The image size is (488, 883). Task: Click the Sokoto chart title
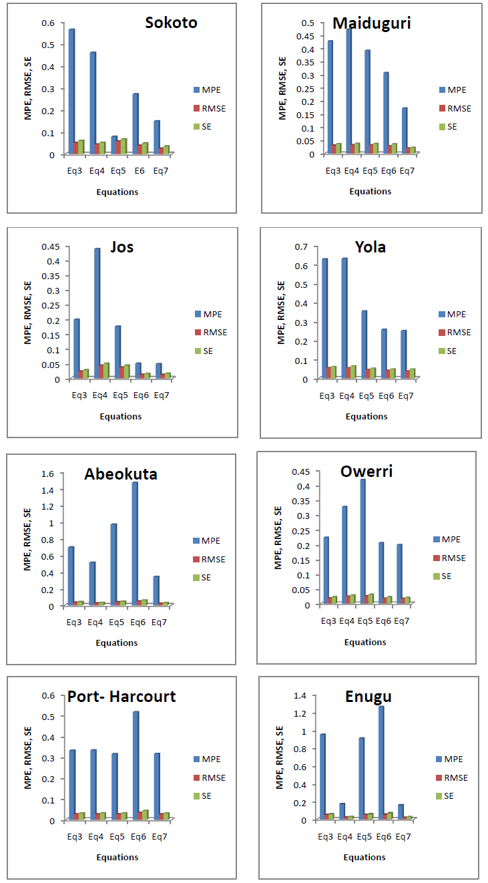tap(171, 23)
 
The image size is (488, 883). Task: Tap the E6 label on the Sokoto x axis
tap(139, 171)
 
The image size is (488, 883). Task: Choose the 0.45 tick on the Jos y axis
tap(51, 246)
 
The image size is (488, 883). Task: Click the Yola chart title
tap(371, 247)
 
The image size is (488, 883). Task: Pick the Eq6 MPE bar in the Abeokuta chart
tap(134, 543)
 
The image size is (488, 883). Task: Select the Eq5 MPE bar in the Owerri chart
tap(362, 541)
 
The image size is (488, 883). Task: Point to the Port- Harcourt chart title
tap(121, 697)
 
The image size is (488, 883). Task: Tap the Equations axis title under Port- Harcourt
tap(117, 857)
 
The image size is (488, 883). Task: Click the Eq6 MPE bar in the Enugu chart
tap(381, 762)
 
